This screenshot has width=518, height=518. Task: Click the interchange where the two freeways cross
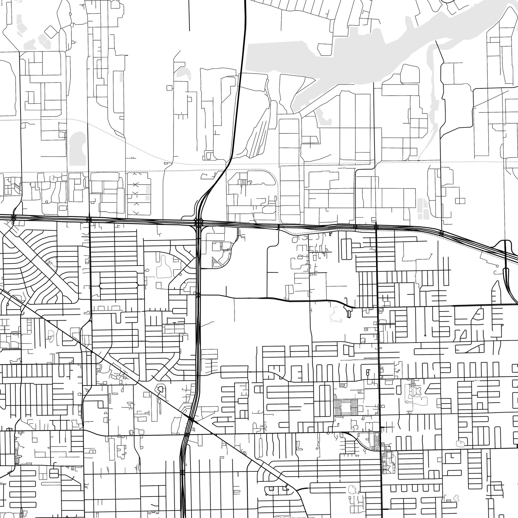198,223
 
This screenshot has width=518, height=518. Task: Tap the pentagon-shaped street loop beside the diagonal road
160,389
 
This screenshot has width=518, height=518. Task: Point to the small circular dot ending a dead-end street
425,335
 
